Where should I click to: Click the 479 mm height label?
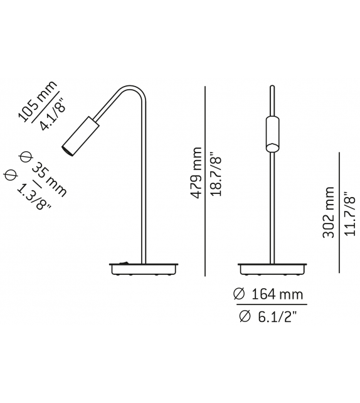[x=196, y=173]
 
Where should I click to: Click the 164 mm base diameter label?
[x=275, y=294]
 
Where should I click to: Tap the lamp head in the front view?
[x=272, y=132]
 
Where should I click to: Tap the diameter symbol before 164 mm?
[x=238, y=294]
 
